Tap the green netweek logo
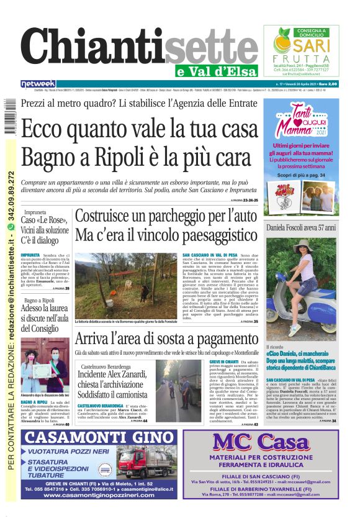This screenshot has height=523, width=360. tap(38, 83)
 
